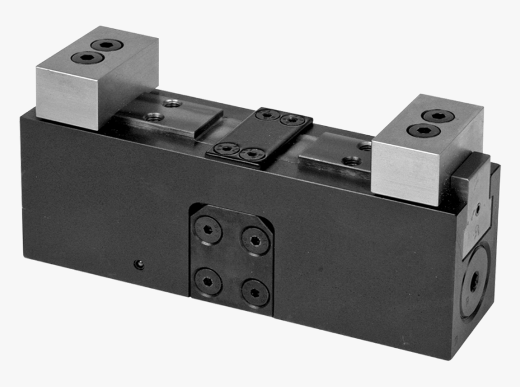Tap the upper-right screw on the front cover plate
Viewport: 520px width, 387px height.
(255, 239)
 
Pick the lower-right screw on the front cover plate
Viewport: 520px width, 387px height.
(255, 292)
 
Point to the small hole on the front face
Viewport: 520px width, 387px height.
(139, 264)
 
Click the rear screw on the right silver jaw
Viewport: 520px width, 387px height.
(437, 116)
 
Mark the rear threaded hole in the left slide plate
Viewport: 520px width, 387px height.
(171, 102)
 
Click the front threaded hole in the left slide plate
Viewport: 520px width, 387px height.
(155, 117)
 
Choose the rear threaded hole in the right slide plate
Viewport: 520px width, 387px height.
(365, 146)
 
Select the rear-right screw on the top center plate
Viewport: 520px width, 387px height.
(293, 120)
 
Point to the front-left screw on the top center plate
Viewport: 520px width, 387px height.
(227, 147)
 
